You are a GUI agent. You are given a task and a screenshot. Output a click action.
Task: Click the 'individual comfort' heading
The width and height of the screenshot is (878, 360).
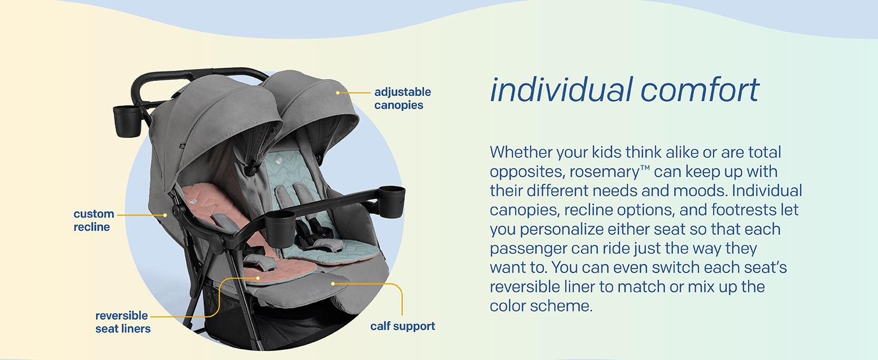(624, 90)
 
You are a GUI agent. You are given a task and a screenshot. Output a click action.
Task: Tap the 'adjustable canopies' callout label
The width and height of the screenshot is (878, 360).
(402, 98)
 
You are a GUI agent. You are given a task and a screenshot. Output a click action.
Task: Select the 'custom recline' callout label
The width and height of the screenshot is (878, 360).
(94, 220)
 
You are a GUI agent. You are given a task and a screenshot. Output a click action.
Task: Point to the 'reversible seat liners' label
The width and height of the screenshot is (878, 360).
(122, 322)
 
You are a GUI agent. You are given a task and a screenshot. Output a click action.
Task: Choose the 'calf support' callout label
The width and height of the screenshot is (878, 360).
(402, 326)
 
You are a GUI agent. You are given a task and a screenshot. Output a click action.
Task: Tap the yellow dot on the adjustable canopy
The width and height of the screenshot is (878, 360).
(338, 93)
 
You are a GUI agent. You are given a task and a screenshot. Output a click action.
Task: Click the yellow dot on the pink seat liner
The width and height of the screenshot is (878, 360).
(258, 278)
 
